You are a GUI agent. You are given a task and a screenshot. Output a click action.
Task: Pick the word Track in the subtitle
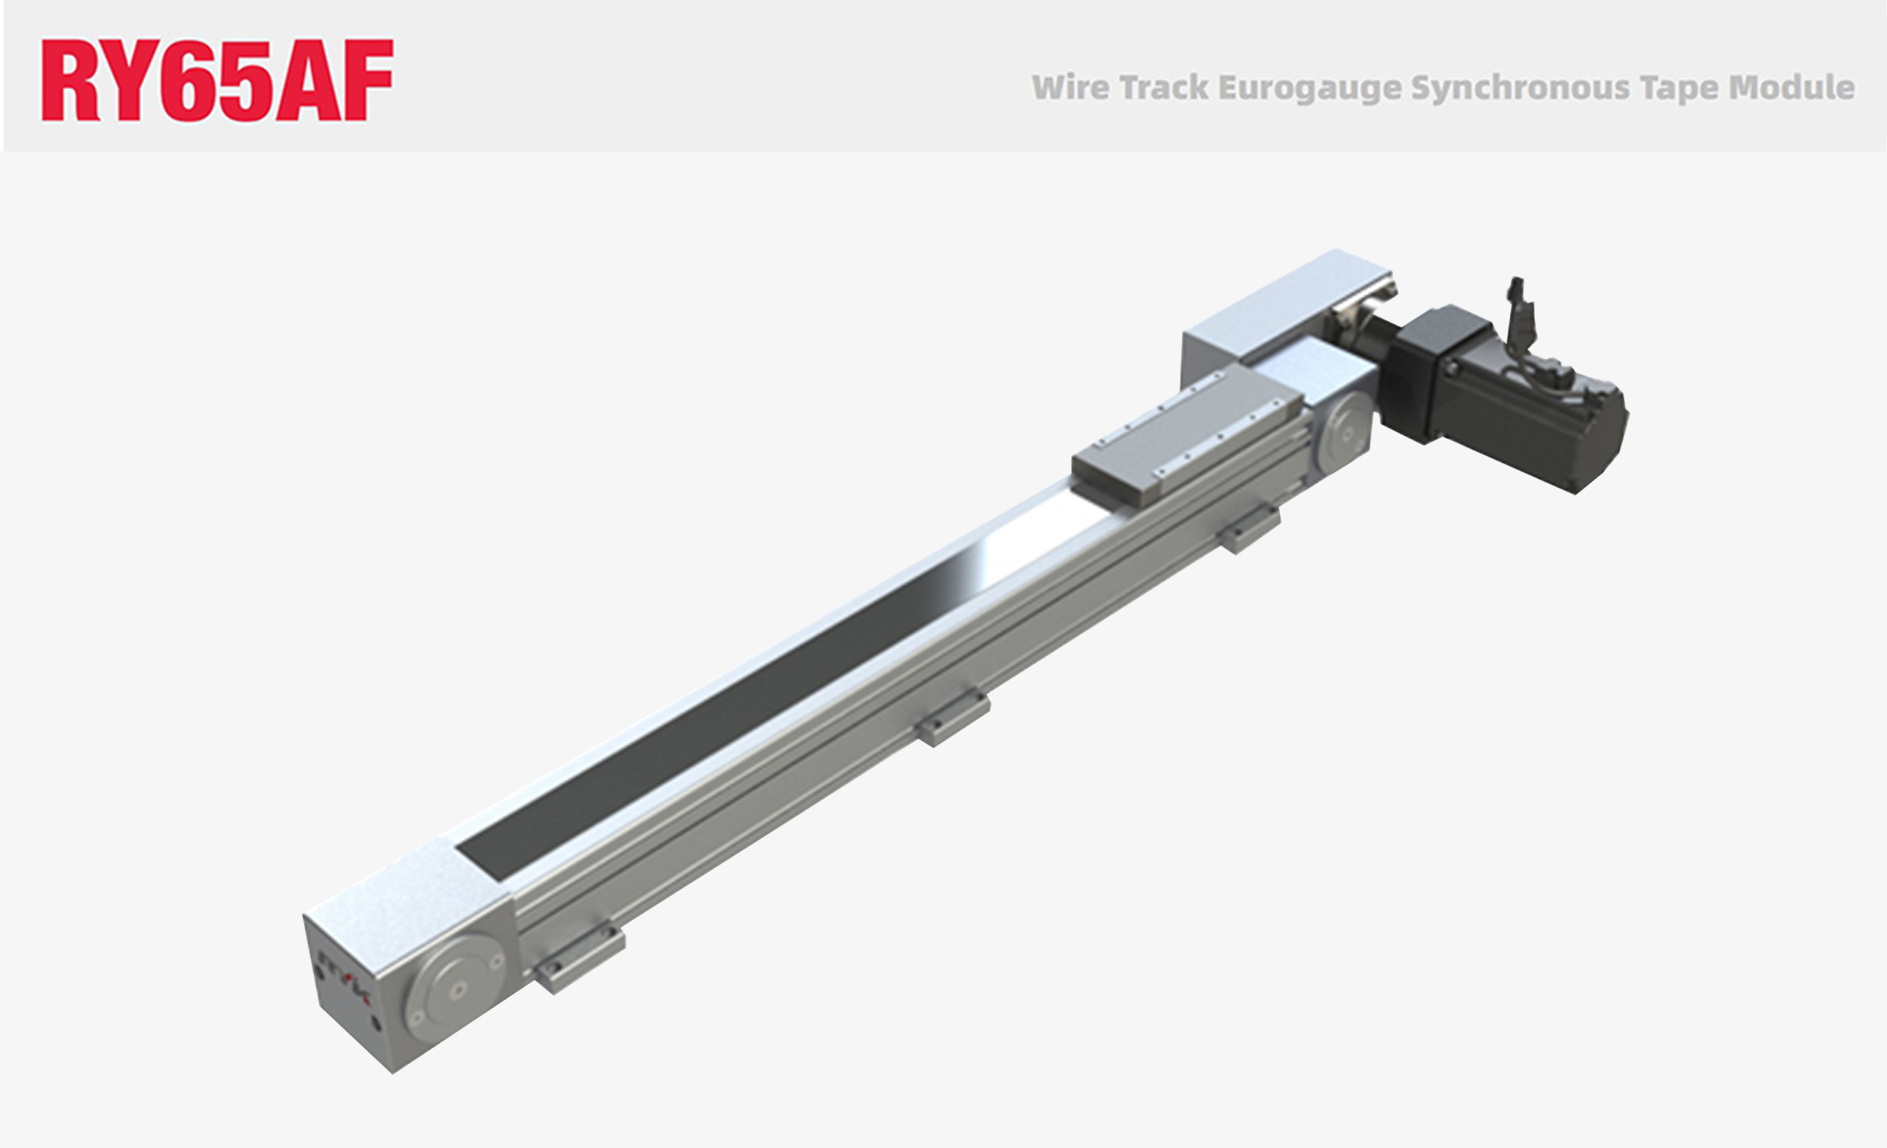pos(1164,88)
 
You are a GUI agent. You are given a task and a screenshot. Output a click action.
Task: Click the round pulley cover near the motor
pos(1348,433)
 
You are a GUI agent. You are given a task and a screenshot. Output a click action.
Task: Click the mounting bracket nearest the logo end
pos(580,957)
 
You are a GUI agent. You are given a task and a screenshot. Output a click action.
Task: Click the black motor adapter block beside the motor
pos(1425,376)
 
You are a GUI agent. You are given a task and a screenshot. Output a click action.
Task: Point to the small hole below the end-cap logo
pos(375,1023)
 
